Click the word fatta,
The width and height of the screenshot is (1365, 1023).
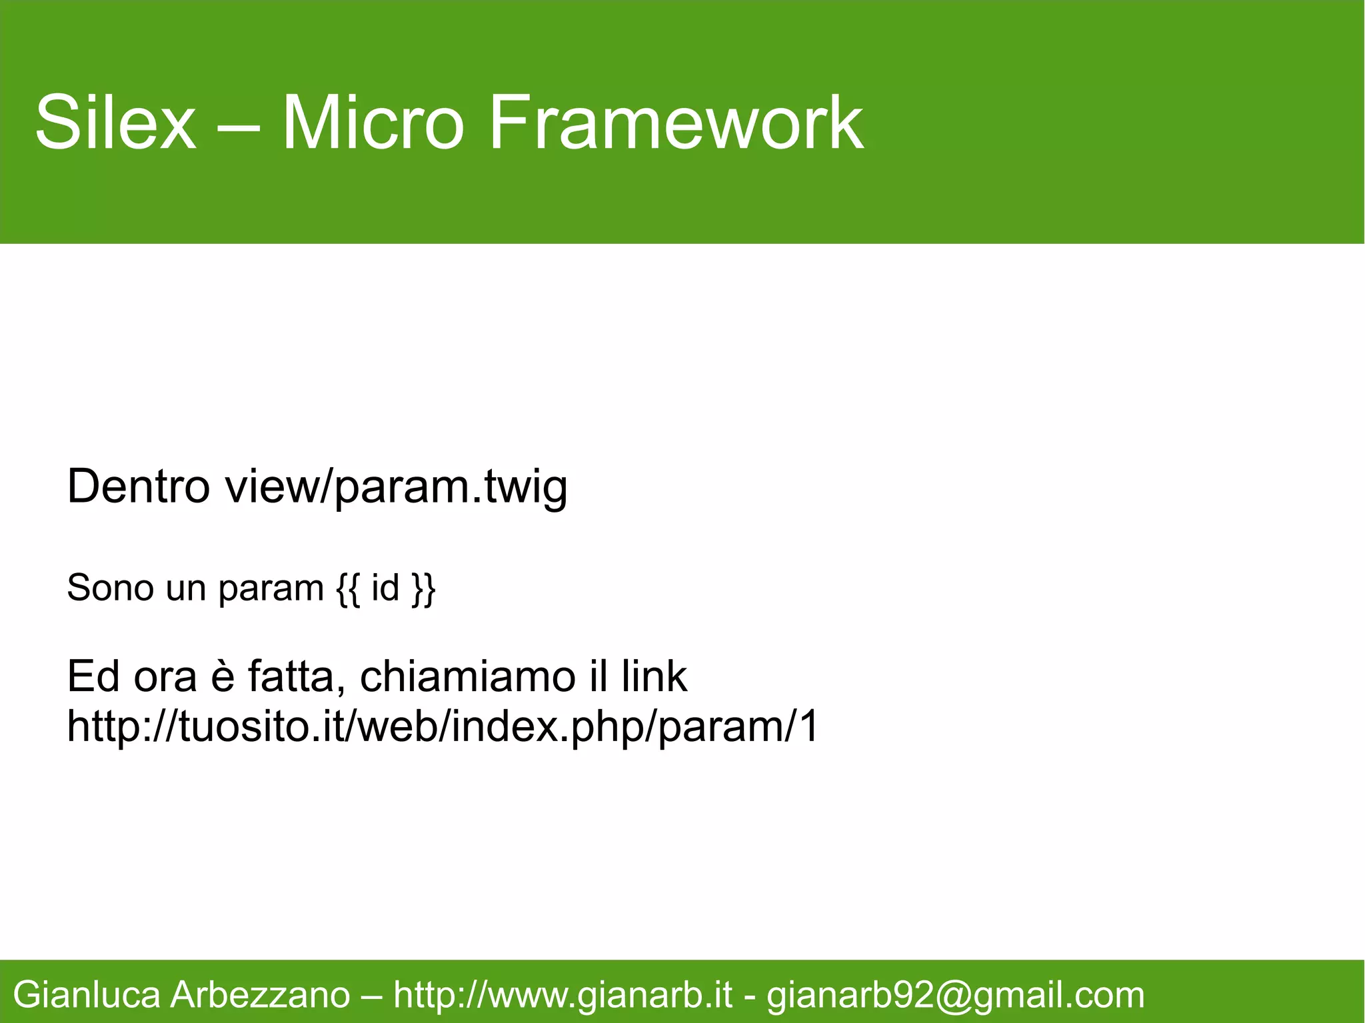pos(298,676)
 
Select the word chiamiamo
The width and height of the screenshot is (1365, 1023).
pos(467,676)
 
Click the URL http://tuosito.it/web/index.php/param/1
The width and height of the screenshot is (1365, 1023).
pos(443,726)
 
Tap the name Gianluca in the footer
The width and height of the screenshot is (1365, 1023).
pos(87,996)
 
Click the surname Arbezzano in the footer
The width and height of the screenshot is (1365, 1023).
pos(260,996)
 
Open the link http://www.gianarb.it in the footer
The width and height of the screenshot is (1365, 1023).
pos(563,996)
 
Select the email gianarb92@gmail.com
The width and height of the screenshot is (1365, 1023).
pos(955,996)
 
